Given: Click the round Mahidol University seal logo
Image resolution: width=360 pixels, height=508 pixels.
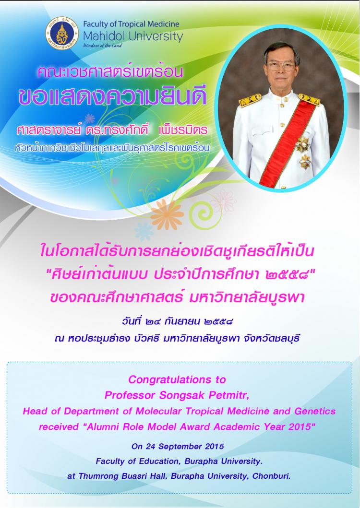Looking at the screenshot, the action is pyautogui.click(x=62, y=34).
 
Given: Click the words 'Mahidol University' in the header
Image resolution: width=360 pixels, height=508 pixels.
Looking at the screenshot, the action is pyautogui.click(x=133, y=36).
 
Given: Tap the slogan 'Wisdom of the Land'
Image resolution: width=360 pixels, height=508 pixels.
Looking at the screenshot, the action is pyautogui.click(x=103, y=46).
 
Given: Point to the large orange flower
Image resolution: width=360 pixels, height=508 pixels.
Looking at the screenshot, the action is pyautogui.click(x=167, y=214).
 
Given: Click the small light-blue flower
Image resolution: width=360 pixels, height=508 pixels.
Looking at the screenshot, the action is pyautogui.click(x=144, y=231).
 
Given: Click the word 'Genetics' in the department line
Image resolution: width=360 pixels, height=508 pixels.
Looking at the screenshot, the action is pyautogui.click(x=315, y=411).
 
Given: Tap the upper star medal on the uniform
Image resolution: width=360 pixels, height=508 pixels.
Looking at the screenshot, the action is pyautogui.click(x=302, y=144).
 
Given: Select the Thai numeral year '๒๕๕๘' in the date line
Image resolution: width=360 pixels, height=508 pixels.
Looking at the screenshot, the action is pyautogui.click(x=218, y=322).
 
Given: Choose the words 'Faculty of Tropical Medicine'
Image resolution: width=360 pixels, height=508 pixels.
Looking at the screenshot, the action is pyautogui.click(x=132, y=24).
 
